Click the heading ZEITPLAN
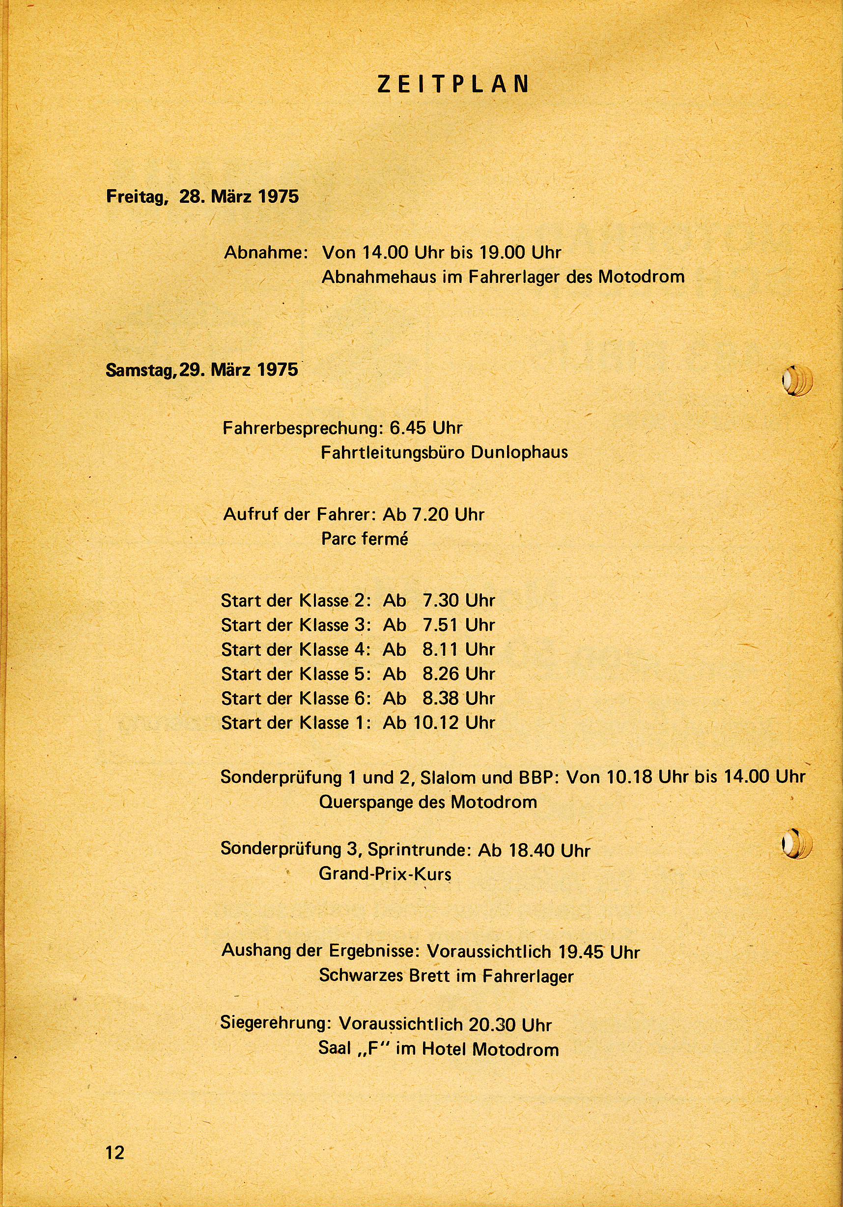pyautogui.click(x=453, y=84)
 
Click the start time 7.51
pyautogui.click(x=441, y=625)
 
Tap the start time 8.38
pyautogui.click(x=441, y=698)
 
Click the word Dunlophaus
pyautogui.click(x=519, y=452)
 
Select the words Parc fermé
pyautogui.click(x=364, y=539)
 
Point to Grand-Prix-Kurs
pyautogui.click(x=385, y=874)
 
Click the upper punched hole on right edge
pyautogui.click(x=796, y=380)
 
